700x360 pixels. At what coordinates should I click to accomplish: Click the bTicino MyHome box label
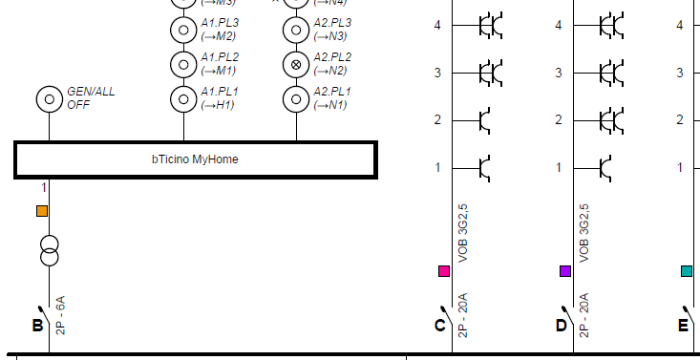point(194,159)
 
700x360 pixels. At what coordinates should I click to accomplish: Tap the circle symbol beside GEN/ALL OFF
point(48,98)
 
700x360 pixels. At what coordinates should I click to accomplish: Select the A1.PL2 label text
point(219,64)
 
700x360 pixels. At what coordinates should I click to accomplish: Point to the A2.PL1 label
point(332,97)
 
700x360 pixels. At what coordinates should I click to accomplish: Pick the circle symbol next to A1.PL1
point(182,98)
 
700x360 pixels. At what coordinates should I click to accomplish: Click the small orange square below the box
point(41,211)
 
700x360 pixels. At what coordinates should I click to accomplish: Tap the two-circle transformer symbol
point(49,250)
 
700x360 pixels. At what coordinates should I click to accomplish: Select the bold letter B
point(37,326)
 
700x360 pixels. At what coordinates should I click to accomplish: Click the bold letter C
point(439,326)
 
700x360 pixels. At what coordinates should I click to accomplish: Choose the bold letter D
point(561,326)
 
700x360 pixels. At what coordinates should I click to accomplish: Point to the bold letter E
point(683,326)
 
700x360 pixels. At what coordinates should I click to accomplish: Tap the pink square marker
point(443,271)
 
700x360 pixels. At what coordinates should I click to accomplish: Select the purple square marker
point(564,271)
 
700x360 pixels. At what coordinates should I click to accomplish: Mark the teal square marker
point(686,271)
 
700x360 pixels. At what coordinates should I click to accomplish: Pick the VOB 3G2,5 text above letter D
point(583,232)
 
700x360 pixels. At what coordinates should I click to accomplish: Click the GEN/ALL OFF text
point(90,97)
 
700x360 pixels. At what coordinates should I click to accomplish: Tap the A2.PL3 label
point(332,29)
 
